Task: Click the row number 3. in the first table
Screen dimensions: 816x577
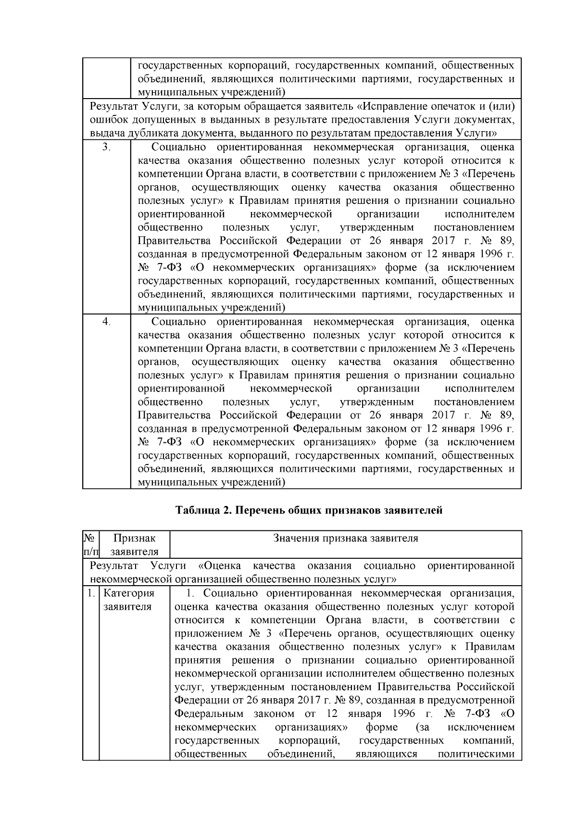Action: [107, 148]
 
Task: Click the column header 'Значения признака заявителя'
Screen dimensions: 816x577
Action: [346, 539]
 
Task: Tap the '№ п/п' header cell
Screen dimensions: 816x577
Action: [90, 545]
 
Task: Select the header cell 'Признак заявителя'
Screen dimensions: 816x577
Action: [134, 545]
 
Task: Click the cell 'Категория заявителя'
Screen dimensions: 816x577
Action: [128, 600]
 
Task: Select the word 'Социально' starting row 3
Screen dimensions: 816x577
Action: [178, 148]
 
